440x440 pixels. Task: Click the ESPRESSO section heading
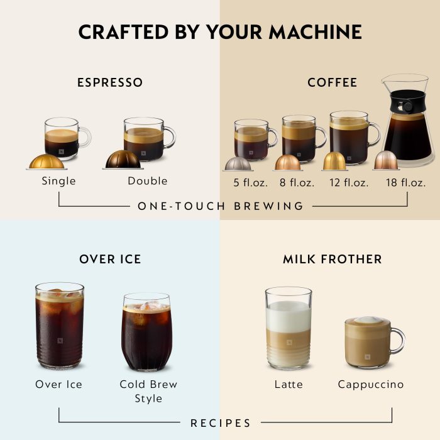110,82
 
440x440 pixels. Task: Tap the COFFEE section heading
332,82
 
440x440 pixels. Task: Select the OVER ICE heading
110,259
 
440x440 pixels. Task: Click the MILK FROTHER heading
332,259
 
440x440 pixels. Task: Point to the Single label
58,181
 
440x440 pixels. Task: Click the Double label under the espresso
148,181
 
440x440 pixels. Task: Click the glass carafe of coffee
407,126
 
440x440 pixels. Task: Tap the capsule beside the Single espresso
45,162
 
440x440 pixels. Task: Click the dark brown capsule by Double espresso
123,160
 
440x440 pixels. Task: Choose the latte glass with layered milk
289,328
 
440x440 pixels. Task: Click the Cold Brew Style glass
146,333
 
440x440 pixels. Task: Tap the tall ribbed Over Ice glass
59,327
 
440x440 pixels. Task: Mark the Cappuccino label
371,384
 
